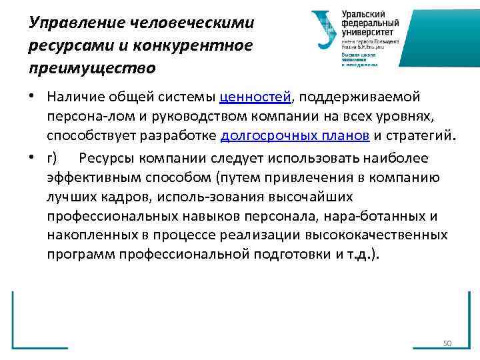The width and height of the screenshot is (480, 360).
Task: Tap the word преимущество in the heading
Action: [92, 67]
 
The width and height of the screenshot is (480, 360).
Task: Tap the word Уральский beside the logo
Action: [365, 13]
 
